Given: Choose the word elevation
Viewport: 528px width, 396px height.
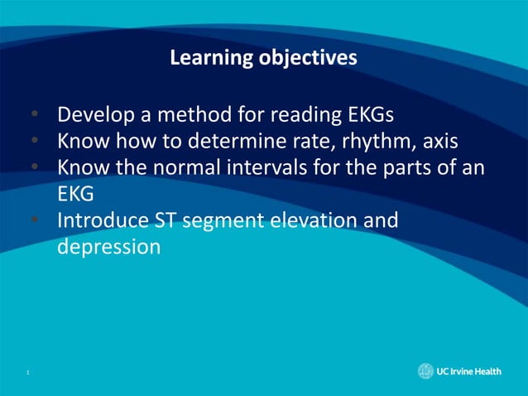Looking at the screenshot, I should coord(329,220).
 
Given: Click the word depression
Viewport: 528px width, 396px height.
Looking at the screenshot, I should coord(108,247).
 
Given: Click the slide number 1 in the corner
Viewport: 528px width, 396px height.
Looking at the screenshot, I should coord(27,373).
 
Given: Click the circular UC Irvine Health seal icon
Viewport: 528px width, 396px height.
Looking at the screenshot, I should coord(425,372).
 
